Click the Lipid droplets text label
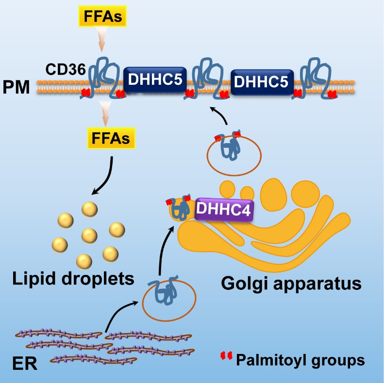(74, 280)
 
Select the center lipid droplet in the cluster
(89, 236)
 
